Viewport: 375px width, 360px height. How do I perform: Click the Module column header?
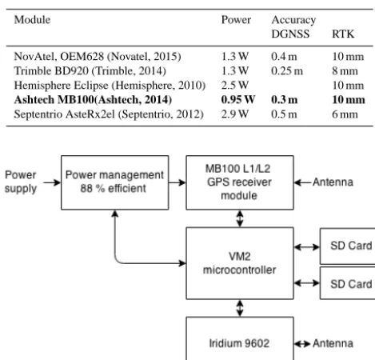[32, 20]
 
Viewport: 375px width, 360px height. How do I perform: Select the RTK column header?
[343, 34]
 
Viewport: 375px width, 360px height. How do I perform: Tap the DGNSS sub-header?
[290, 34]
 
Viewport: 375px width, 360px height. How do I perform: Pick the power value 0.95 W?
[238, 100]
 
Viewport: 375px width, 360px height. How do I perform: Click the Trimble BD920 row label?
[90, 71]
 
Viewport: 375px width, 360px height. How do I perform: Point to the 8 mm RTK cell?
[345, 71]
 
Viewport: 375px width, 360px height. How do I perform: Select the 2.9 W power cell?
[235, 114]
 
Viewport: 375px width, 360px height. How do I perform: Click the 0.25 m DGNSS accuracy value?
[287, 71]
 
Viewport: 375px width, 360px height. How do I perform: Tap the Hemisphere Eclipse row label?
[110, 86]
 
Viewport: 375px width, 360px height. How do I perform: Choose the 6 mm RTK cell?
[345, 114]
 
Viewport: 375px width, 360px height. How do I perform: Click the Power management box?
[115, 182]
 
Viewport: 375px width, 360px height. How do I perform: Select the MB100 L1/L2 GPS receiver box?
[240, 182]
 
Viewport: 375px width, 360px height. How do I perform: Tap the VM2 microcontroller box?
[240, 263]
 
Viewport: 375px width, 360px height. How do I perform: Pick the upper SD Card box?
[348, 246]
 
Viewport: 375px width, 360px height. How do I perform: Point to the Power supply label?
[21, 182]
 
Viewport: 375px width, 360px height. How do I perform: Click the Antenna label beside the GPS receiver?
[333, 182]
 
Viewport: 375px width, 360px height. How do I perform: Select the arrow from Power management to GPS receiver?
[178, 182]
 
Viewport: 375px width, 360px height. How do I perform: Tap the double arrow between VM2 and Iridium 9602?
[240, 308]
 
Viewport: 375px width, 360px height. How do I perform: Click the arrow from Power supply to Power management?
[52, 182]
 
